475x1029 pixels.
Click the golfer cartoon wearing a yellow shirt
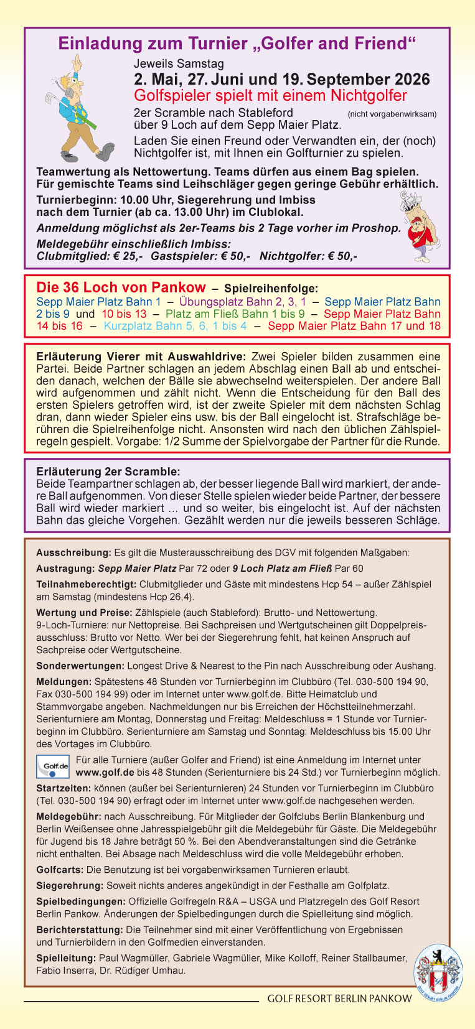click(78, 109)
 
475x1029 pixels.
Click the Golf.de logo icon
click(53, 766)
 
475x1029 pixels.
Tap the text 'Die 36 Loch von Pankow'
click(121, 287)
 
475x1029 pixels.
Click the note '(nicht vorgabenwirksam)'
click(392, 114)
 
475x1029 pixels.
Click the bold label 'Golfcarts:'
click(60, 870)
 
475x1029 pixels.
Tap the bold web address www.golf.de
click(105, 772)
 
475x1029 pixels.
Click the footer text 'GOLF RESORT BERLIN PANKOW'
click(339, 999)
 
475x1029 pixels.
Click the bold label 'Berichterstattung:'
click(80, 929)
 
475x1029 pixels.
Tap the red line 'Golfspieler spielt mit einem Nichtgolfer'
click(270, 96)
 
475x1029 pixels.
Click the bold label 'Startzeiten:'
click(63, 788)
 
